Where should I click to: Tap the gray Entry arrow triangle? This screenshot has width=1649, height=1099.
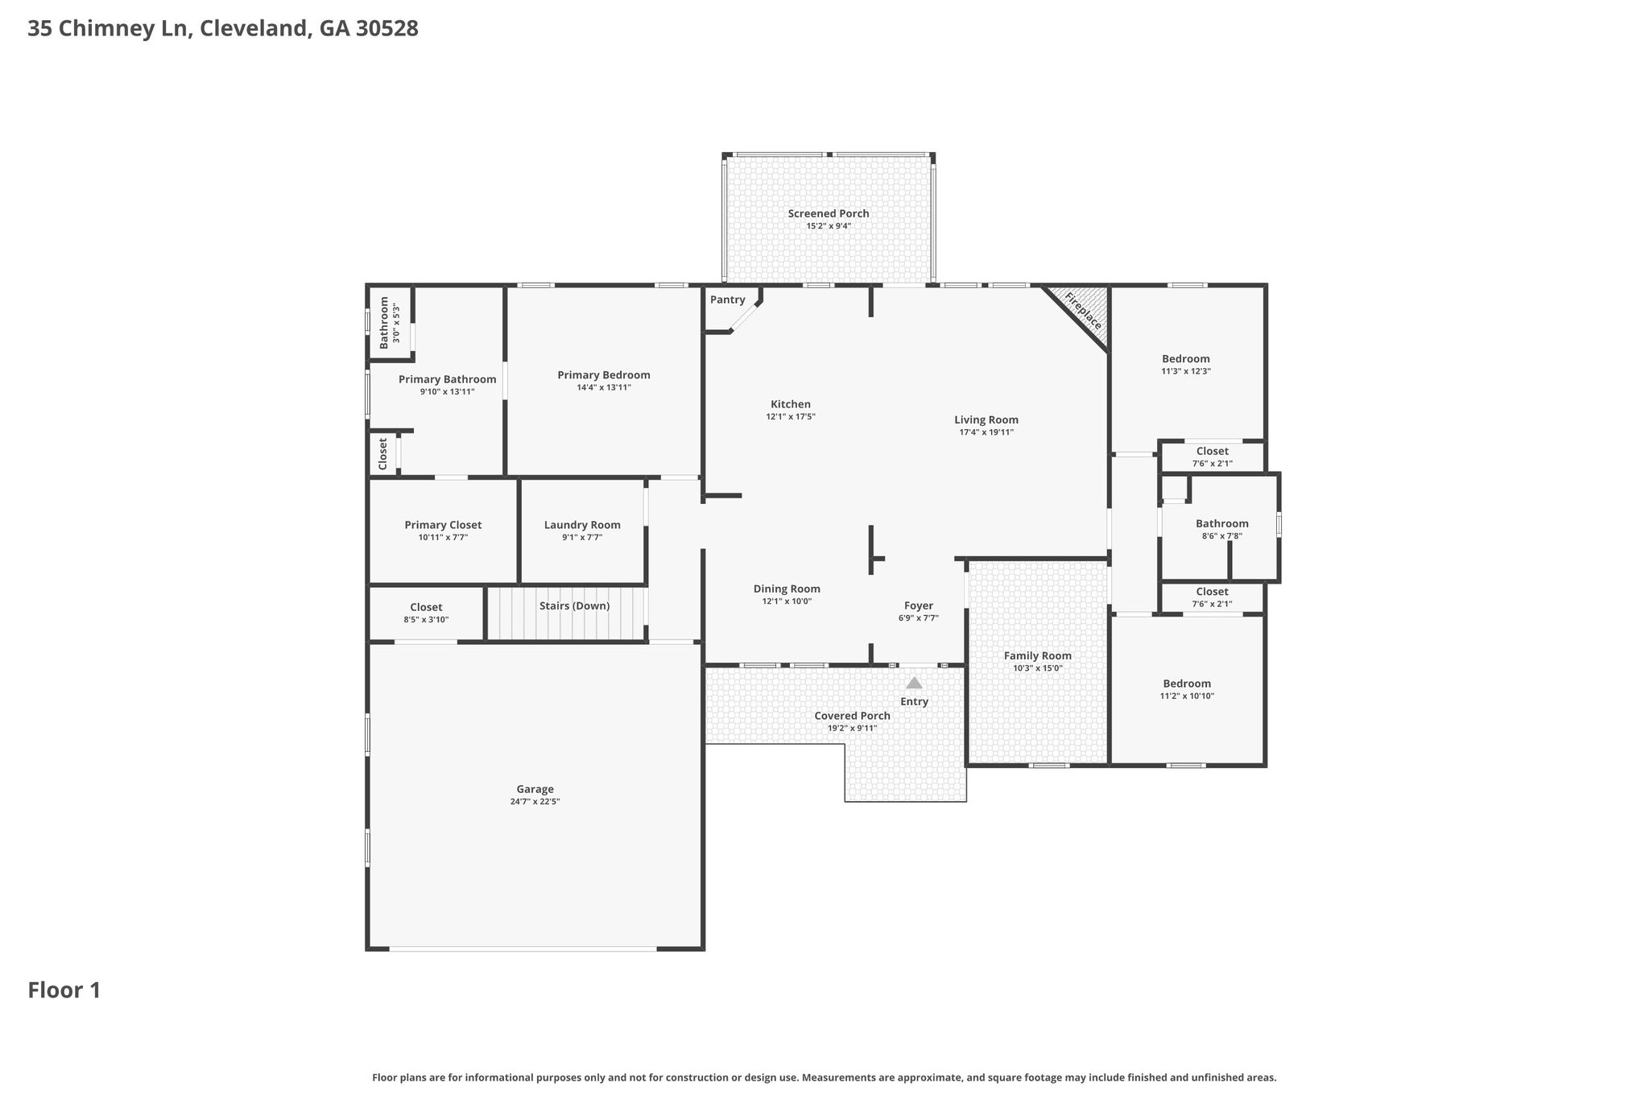914,683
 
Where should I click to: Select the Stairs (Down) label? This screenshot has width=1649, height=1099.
574,605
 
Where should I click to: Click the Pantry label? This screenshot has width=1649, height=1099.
728,300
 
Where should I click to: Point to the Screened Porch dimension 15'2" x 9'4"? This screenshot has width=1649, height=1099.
829,226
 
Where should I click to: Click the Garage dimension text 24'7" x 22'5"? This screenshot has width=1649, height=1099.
535,802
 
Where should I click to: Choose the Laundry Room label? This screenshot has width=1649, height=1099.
582,525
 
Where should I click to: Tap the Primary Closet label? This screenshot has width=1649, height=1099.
443,525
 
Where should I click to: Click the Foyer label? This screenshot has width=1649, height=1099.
919,605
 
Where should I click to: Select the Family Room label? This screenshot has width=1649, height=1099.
1038,655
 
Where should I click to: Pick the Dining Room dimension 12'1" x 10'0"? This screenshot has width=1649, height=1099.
787,601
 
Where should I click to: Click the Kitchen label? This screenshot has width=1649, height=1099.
791,404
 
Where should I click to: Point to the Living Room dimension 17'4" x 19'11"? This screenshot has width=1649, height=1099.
986,432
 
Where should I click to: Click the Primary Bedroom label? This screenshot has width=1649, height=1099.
604,374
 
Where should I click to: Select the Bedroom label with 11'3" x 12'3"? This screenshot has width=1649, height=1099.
1186,358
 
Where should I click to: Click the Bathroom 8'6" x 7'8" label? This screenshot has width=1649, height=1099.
1222,523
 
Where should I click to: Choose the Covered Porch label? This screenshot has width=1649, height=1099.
853,716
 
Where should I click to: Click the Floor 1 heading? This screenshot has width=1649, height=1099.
64,990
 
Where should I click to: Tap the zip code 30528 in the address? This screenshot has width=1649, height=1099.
387,29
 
